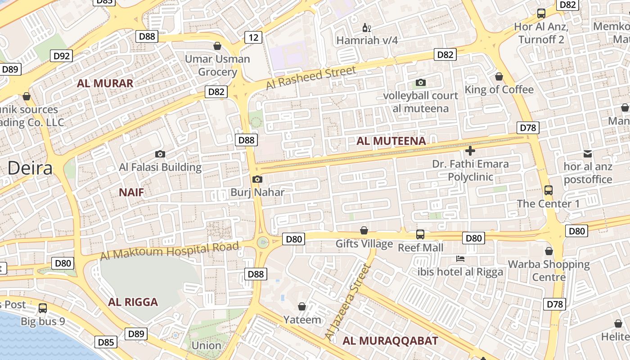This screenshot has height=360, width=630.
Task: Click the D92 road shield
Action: pos(62,56)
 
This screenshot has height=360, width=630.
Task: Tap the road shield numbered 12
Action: pos(253,37)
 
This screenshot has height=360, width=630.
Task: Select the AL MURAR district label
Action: pos(105,83)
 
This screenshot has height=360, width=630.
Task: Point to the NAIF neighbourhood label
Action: pos(131,193)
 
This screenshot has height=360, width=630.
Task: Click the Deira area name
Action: pos(30,168)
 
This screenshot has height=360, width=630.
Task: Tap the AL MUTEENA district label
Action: pos(391,141)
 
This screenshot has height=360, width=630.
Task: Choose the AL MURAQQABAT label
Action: pos(390,341)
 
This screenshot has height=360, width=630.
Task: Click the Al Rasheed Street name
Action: pos(310,77)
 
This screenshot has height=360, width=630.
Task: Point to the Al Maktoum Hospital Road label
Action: pos(169,251)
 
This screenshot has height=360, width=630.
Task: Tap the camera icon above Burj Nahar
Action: pos(257,180)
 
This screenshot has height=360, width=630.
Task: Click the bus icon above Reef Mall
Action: pos(420,234)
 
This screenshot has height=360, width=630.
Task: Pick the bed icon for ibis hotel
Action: pos(460,259)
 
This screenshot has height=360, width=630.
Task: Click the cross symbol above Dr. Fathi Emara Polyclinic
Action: pos(470,151)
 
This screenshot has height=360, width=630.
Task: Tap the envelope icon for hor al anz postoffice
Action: pos(588,154)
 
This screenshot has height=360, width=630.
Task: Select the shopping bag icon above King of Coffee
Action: pos(499,77)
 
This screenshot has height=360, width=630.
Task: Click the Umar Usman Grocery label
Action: pos(217,65)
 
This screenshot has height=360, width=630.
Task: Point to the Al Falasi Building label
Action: pos(160,167)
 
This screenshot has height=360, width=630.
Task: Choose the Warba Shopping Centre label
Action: pos(549,270)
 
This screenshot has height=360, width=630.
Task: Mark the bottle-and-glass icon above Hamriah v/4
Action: pos(367,28)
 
